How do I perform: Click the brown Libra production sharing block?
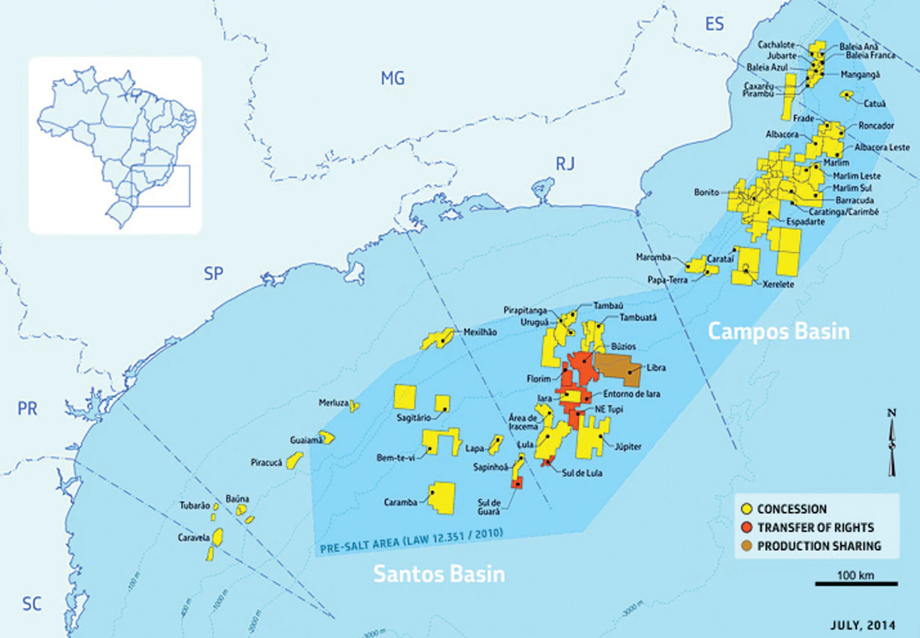(x=618, y=369)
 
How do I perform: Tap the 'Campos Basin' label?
(x=780, y=331)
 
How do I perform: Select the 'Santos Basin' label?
(x=439, y=573)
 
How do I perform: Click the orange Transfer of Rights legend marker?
(x=746, y=527)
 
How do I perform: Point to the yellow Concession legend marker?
(x=746, y=509)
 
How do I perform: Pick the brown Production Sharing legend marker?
(x=746, y=546)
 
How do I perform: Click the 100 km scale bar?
(x=856, y=583)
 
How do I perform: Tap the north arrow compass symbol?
(x=892, y=443)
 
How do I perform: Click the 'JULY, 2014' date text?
(x=862, y=625)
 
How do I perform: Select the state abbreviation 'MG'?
(x=393, y=79)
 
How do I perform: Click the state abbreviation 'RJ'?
(x=565, y=164)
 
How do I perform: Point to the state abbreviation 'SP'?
(x=213, y=274)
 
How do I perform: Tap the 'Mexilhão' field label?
(x=481, y=331)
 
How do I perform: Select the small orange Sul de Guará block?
(x=517, y=483)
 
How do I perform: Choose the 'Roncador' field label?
(x=876, y=125)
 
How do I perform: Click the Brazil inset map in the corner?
(x=115, y=145)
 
